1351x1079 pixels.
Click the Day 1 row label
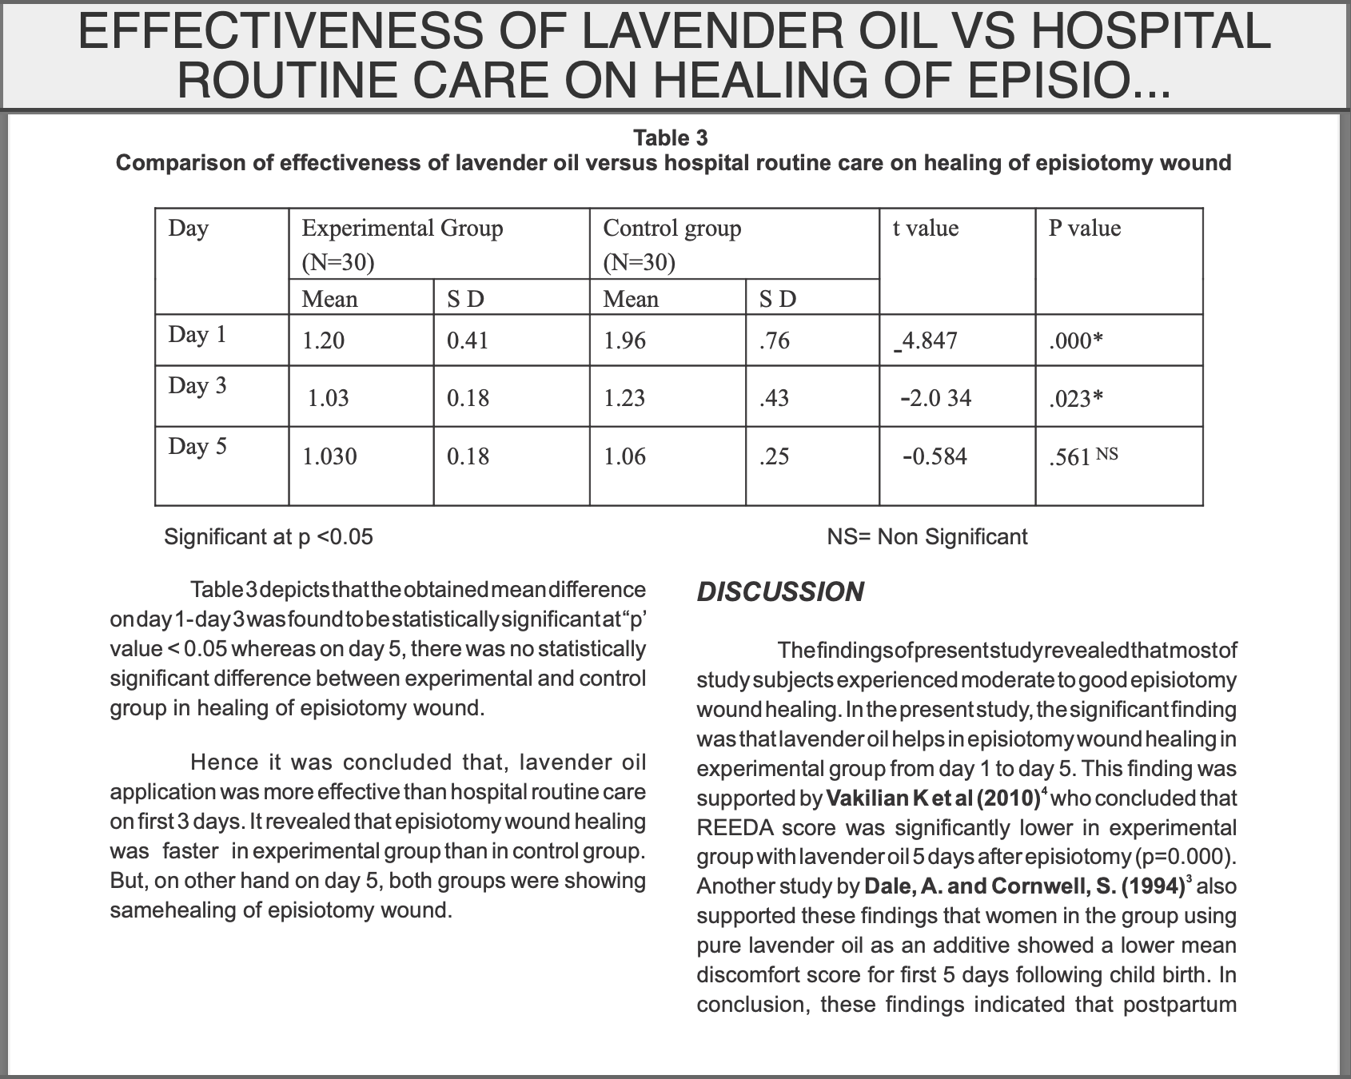click(x=197, y=334)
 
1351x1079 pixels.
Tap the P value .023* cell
click(x=1075, y=398)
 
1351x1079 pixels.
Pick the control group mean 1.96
click(x=624, y=341)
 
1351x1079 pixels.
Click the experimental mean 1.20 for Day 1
click(x=323, y=341)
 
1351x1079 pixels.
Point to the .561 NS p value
click(x=1082, y=456)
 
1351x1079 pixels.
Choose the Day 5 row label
click(x=197, y=446)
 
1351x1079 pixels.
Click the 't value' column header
click(x=925, y=229)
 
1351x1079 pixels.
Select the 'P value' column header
click(x=1084, y=229)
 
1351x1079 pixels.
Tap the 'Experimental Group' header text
click(x=402, y=229)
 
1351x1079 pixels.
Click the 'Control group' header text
click(x=672, y=229)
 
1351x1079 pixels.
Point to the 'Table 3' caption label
click(x=671, y=138)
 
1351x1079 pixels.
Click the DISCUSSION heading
click(x=780, y=592)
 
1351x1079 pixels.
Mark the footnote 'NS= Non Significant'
click(x=927, y=536)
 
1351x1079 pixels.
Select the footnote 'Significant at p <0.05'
click(x=269, y=536)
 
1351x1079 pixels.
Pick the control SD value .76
click(x=774, y=341)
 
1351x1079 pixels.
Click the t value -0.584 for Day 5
click(x=935, y=456)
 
